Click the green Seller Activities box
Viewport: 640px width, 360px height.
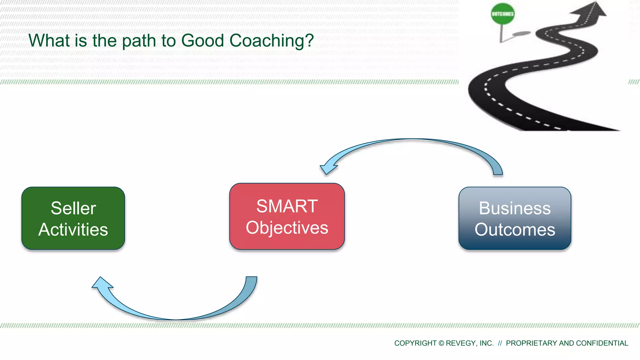73,218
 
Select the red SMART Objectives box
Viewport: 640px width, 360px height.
287,216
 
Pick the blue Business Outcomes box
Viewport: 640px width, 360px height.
515,218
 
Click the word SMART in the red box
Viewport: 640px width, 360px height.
287,206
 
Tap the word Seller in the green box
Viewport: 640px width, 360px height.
73,208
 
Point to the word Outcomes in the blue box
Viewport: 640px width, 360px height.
515,230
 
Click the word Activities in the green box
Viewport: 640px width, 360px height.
73,230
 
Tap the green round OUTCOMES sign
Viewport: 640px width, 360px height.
502,14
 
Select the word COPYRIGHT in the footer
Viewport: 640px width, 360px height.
415,343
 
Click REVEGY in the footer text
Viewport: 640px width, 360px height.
461,343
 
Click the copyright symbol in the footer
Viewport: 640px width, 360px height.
441,343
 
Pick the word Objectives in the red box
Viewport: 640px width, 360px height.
287,227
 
